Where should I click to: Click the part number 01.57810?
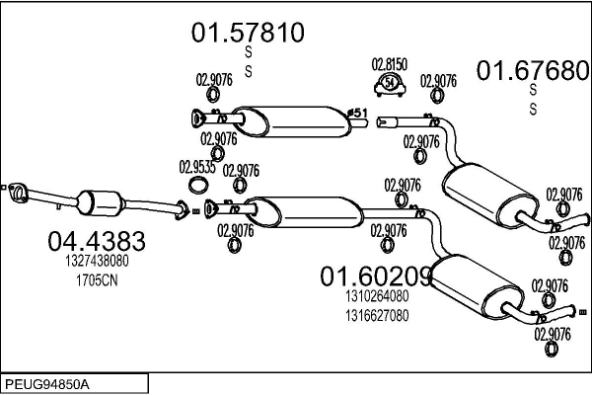(x=248, y=35)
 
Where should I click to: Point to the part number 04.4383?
(x=97, y=241)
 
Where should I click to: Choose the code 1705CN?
(x=97, y=279)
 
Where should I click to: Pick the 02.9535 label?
(x=198, y=166)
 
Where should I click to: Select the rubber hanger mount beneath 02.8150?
(x=391, y=83)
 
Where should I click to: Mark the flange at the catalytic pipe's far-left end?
(x=15, y=191)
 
